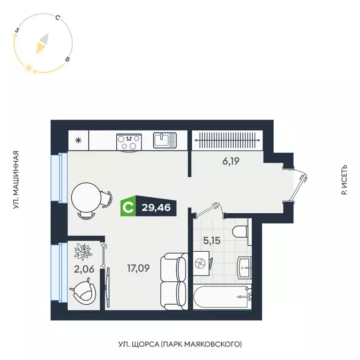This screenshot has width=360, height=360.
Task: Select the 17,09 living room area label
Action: pos(139,269)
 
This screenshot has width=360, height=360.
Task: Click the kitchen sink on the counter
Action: pos(165,140)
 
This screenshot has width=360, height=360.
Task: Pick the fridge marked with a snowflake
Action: pos(78,140)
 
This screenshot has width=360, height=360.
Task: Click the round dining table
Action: pos(86,198)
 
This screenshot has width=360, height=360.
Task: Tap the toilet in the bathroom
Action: pos(240,232)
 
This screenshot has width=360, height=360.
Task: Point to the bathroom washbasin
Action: pos(244,267)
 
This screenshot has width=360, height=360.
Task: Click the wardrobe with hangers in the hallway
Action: pos(226,140)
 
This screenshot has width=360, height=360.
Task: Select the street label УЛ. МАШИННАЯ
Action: pos(15,180)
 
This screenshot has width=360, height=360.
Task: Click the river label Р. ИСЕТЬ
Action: pos(345,180)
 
